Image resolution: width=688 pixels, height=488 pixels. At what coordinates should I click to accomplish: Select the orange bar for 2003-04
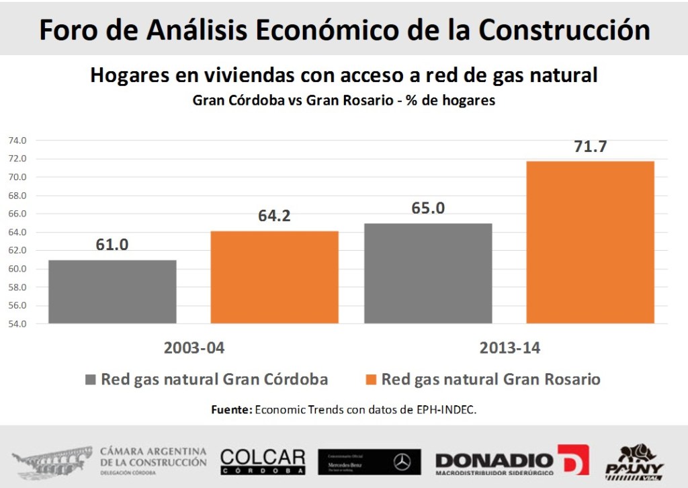[x=274, y=277]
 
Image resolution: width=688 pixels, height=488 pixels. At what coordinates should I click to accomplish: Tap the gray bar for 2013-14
[x=428, y=273]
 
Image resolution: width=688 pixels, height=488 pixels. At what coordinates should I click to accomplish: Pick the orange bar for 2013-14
[x=590, y=242]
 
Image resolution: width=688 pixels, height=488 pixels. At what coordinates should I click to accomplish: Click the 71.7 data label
[x=591, y=147]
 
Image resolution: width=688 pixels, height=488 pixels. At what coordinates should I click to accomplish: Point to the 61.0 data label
[x=112, y=245]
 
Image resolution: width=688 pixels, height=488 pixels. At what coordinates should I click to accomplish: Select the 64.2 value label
[x=274, y=216]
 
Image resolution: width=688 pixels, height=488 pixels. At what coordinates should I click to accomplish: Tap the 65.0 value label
[x=428, y=208]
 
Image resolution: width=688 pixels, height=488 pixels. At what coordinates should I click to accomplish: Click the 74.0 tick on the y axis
[x=17, y=140]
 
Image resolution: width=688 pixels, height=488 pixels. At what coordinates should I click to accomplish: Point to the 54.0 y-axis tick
[x=17, y=324]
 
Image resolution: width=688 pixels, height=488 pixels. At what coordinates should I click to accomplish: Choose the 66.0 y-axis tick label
[x=17, y=214]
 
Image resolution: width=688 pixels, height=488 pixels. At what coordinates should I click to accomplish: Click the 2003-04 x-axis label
[x=193, y=349]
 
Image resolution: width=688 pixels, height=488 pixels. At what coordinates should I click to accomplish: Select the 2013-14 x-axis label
[x=510, y=349]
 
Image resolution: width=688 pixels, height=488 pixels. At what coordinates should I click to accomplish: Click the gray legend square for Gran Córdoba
[x=91, y=379]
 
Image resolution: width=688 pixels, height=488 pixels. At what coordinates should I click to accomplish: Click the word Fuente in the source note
[x=232, y=409]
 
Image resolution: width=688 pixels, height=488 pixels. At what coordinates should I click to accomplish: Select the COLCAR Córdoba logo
[x=263, y=461]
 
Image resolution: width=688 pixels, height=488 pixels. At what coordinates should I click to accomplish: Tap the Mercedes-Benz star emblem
[x=402, y=462]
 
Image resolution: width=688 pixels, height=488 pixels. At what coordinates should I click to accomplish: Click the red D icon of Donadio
[x=573, y=460]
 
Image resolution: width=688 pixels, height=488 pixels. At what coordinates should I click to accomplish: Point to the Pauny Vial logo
[x=634, y=461]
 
